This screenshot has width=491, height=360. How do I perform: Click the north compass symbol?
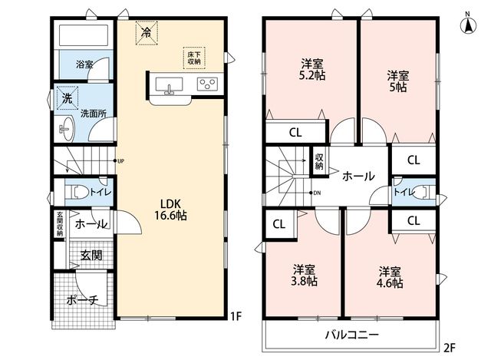[x=468, y=24]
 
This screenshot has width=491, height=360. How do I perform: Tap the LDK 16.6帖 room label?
[x=170, y=210]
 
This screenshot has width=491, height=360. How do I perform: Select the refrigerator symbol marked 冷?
[x=147, y=33]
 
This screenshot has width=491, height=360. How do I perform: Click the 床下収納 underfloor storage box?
[x=194, y=58]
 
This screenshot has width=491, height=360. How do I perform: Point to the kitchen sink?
[x=169, y=85]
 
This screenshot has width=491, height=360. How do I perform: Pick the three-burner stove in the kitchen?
[x=207, y=84]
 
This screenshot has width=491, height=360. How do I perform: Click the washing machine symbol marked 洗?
[x=68, y=98]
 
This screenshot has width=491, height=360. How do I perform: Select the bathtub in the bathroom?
[x=84, y=35]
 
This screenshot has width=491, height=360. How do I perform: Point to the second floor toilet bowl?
[x=424, y=192]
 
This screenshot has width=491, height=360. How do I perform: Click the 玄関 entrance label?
[x=91, y=256]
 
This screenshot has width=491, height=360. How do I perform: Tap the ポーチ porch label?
[x=82, y=300]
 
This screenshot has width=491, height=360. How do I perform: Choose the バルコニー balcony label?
[x=352, y=335]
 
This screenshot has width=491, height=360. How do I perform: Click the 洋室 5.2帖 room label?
[x=312, y=69]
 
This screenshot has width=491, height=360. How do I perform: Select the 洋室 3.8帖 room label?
[x=304, y=275]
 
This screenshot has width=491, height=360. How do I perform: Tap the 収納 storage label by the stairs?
[x=319, y=162]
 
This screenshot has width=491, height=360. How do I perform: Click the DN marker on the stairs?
[x=315, y=193]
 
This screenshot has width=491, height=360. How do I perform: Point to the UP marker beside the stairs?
[x=120, y=161]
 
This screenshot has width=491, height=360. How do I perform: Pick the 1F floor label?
[x=236, y=316]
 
